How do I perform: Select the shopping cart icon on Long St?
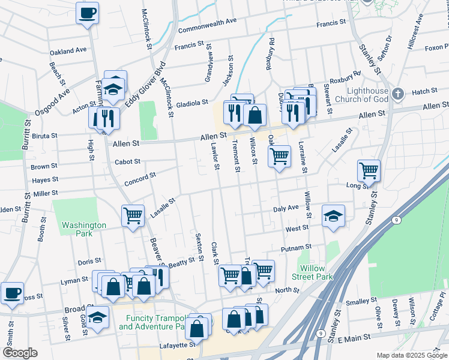(x=369, y=170)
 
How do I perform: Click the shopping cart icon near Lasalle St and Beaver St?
(x=133, y=215)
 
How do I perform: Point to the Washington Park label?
(x=83, y=229)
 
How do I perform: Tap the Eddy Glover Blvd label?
(x=145, y=85)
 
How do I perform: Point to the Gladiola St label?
(x=191, y=103)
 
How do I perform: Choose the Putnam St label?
(x=296, y=247)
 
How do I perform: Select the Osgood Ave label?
(x=56, y=95)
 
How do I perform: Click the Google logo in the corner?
(x=20, y=353)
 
